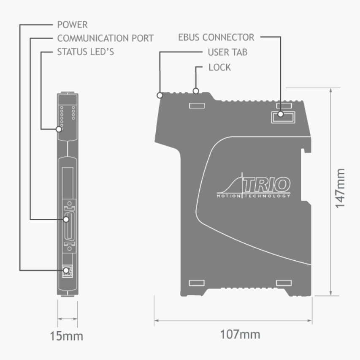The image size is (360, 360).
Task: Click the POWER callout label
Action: (x=72, y=25)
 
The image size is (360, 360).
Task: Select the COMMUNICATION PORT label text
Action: (x=105, y=38)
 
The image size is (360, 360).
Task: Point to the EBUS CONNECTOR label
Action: (x=216, y=37)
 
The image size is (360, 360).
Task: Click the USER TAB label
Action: (x=227, y=53)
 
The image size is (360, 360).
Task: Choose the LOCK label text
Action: (x=219, y=67)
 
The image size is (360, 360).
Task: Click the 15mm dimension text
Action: (x=67, y=336)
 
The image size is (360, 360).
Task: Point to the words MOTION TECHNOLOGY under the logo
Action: (x=253, y=196)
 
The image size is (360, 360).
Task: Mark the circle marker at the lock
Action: (x=195, y=90)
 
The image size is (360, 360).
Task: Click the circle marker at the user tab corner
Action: (x=160, y=95)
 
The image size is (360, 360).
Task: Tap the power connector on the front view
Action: (x=67, y=272)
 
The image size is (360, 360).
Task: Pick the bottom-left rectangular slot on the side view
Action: (x=196, y=282)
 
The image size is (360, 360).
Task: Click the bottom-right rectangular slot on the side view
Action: (x=283, y=282)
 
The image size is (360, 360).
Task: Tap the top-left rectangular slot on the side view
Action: (x=197, y=105)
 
